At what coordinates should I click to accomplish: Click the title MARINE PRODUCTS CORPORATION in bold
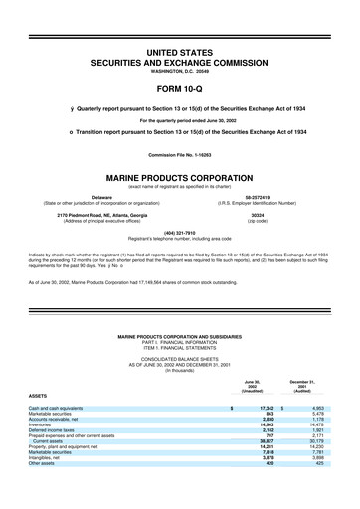179,177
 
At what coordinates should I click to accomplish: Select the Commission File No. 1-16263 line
179,154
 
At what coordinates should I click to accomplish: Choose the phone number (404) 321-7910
179,234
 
